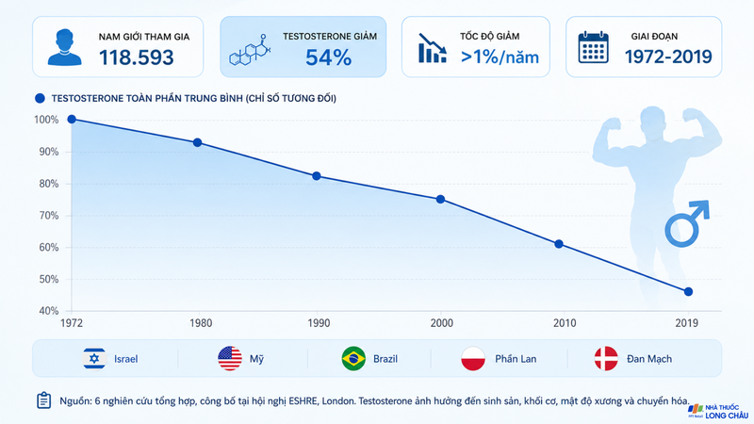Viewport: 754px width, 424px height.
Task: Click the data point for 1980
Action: (x=197, y=143)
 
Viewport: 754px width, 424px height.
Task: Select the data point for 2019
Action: (x=688, y=292)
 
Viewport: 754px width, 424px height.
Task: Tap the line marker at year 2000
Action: (x=440, y=200)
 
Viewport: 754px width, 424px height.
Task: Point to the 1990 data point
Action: (x=317, y=176)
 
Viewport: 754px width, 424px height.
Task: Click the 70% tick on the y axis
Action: (x=49, y=216)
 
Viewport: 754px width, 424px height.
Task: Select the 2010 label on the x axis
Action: (x=564, y=323)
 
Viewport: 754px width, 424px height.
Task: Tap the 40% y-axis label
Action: (x=49, y=311)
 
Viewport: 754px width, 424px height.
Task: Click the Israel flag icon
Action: (x=94, y=359)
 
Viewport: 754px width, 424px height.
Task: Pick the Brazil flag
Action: (x=353, y=359)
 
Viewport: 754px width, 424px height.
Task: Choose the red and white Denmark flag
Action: (x=606, y=359)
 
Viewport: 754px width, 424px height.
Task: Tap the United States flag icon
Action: (x=230, y=359)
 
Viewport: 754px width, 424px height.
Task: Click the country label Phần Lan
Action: (x=516, y=359)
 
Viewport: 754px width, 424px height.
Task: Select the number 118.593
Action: (x=137, y=57)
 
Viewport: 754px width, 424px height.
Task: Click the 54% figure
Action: (x=328, y=57)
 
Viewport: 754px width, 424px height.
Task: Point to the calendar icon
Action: (x=593, y=48)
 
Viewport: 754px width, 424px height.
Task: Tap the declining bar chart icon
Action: (x=433, y=48)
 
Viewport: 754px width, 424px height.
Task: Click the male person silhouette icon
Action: (x=64, y=47)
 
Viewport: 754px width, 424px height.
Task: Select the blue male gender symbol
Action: (x=687, y=223)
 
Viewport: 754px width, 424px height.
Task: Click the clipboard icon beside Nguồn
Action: (x=43, y=400)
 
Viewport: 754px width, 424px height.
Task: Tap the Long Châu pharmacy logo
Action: (x=718, y=411)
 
